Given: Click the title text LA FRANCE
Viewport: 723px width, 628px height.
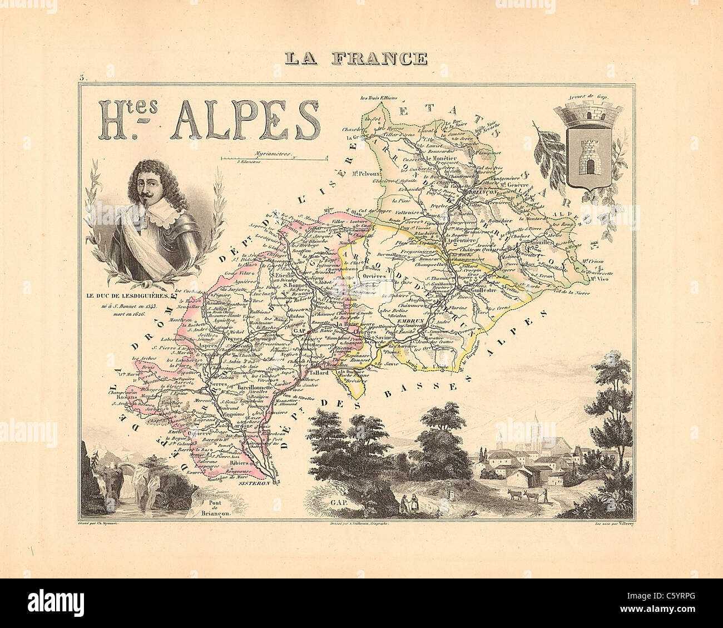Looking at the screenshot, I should [x=356, y=58].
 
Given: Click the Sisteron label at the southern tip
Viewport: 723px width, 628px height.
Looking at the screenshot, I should [x=256, y=484].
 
